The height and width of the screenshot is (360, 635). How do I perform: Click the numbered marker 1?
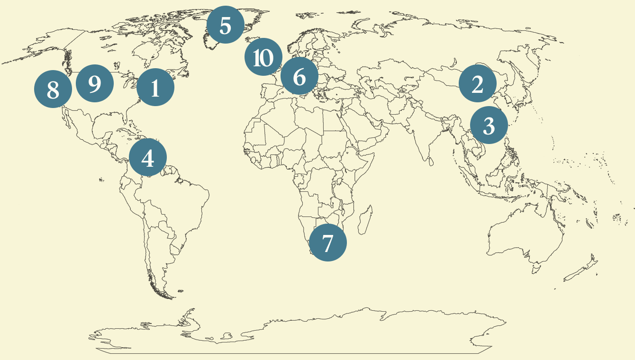[155, 87]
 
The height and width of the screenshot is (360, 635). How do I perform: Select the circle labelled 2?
[477, 83]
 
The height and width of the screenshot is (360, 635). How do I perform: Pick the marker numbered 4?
[148, 158]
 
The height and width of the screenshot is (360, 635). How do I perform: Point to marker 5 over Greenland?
[226, 25]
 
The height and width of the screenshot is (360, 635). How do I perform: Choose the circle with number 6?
[299, 76]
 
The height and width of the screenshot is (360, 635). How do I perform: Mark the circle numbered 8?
[53, 89]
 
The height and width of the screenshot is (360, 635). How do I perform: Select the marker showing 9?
[94, 83]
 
